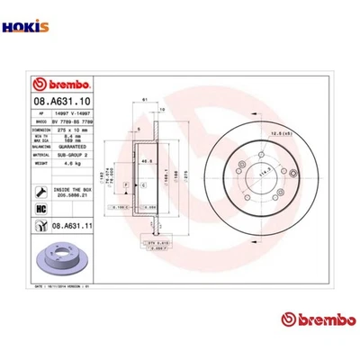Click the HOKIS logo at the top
[x=19, y=13]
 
